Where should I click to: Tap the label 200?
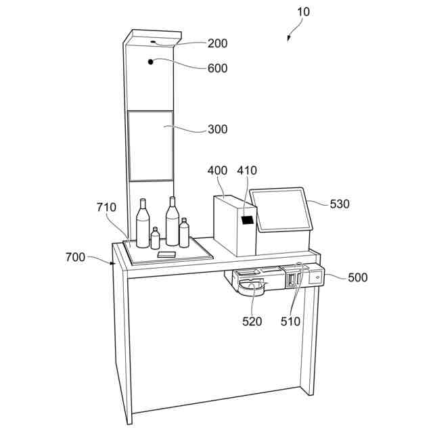point(217,44)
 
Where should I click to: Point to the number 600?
point(217,68)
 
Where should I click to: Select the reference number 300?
point(217,129)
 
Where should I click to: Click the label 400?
point(217,171)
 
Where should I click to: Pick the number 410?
point(246,171)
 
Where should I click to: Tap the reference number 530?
point(340,204)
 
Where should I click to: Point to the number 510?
point(290,322)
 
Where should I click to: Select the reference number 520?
point(252,322)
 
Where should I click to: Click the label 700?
point(76,257)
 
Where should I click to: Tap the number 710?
point(106,207)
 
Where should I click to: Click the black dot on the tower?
point(152,62)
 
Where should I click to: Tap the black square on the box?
point(248,219)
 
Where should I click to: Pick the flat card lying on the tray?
point(166,254)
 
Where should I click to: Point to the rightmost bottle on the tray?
point(184,233)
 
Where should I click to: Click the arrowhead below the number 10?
point(289,39)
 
